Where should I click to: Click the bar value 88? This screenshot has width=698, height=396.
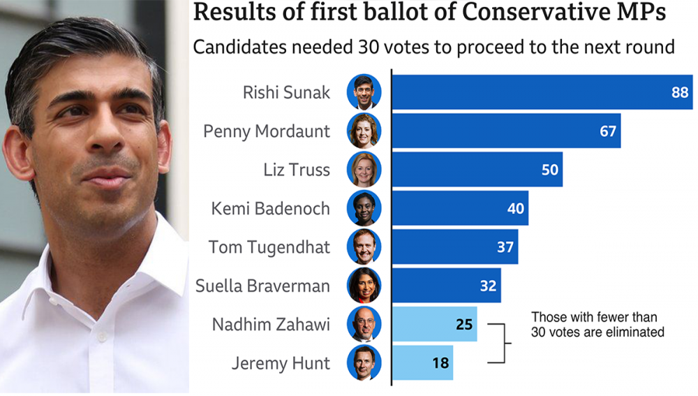[x=680, y=92]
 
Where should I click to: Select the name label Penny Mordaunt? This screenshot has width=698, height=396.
[x=267, y=131]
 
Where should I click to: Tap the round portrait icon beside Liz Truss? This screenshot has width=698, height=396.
[x=364, y=169]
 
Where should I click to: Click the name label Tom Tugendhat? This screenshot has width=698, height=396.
[x=269, y=247]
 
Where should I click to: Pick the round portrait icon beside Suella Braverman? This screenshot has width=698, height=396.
[x=364, y=285]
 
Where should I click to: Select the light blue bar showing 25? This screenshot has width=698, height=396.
[x=434, y=324]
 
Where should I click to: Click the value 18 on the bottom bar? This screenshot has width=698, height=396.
[x=440, y=363]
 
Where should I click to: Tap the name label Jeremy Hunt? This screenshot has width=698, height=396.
[x=281, y=363]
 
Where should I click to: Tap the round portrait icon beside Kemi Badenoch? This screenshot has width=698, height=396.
[x=364, y=208]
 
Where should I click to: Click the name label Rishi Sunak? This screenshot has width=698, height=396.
[x=286, y=92]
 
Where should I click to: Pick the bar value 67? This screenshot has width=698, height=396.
[x=608, y=131]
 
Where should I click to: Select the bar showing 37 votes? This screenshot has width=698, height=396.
[x=454, y=247]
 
